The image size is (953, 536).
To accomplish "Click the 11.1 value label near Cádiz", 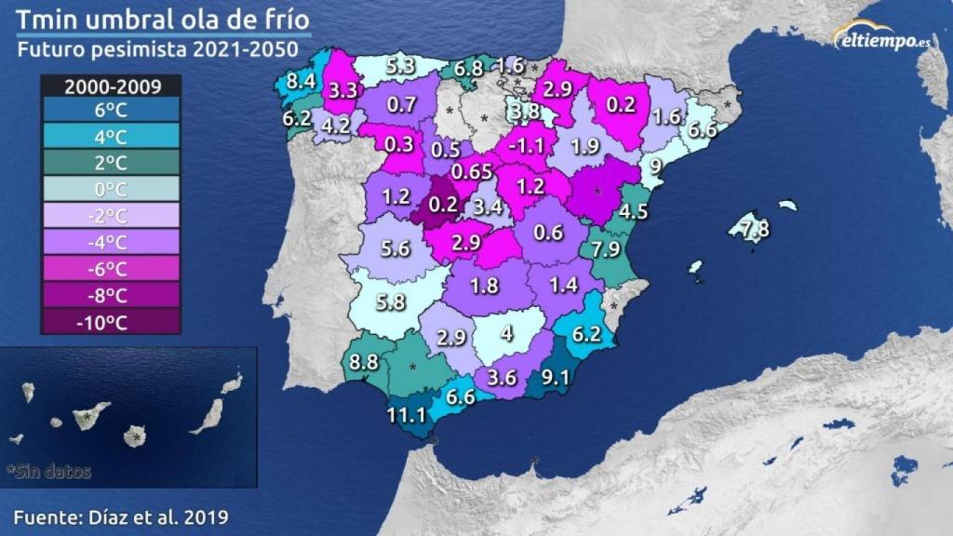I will (407, 415).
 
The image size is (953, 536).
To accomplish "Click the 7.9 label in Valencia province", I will (605, 249).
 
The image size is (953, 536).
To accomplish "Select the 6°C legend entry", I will (111, 111).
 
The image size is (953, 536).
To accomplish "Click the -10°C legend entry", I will (111, 322).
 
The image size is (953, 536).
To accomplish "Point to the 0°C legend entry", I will (111, 190).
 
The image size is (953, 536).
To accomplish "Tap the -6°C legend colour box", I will (111, 269).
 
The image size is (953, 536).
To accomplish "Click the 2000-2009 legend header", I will (111, 87).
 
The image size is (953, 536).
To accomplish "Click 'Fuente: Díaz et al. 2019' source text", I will (121, 515).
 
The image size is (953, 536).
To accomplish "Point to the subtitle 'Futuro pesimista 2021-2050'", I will (158, 48).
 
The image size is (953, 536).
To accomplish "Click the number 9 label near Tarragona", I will (655, 167).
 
